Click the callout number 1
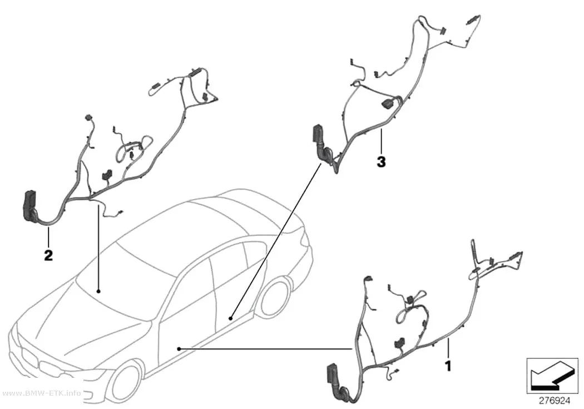(448, 366)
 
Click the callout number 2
(48, 255)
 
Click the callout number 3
(381, 162)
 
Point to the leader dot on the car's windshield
(98, 290)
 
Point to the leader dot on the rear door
(231, 318)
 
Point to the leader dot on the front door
(179, 349)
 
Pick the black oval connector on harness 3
(387, 104)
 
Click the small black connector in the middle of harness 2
(107, 175)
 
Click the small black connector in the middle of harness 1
(401, 343)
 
